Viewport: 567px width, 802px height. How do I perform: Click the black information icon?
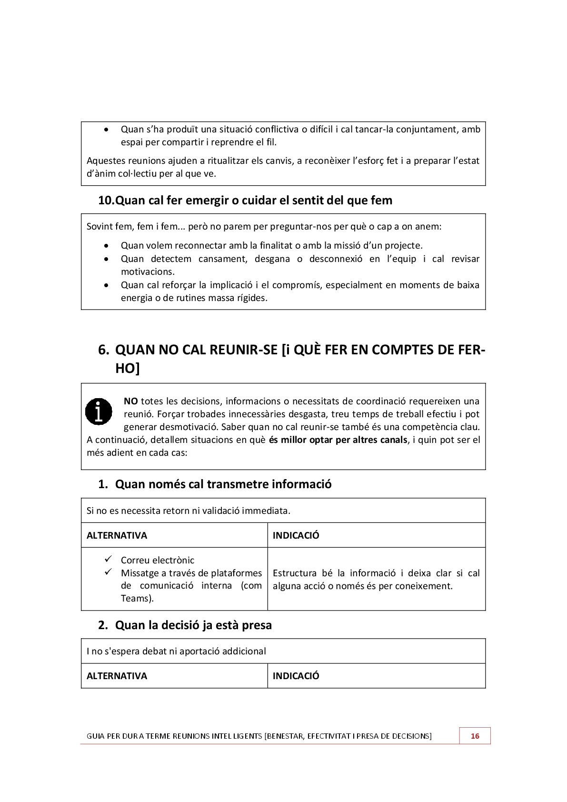(99, 411)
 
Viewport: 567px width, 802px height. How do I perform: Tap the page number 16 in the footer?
(475, 736)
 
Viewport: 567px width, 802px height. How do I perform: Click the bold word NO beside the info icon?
(130, 401)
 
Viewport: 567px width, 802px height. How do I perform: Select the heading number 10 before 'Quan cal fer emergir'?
(106, 200)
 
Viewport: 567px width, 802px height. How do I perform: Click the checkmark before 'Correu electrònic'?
(109, 559)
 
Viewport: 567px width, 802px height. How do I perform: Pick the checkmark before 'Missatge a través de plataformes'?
(109, 571)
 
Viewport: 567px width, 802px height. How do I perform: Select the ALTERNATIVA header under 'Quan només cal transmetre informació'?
(117, 535)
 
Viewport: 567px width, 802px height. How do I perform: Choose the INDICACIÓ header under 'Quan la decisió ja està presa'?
(296, 676)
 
